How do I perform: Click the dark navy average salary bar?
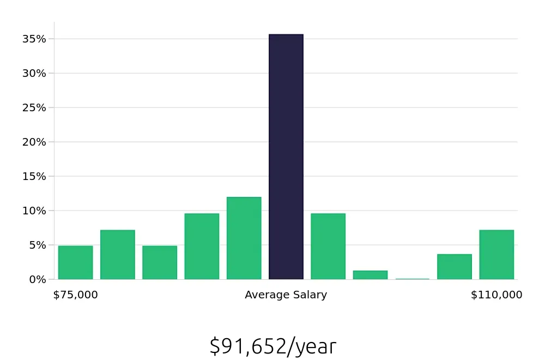click(286, 157)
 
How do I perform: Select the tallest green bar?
click(244, 238)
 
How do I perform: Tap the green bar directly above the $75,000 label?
click(75, 262)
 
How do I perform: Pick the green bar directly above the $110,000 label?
click(496, 255)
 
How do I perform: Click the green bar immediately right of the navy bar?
click(328, 247)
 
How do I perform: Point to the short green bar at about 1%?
click(370, 275)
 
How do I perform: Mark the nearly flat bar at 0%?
click(413, 279)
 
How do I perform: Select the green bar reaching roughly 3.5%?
click(455, 267)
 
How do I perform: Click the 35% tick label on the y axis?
click(34, 39)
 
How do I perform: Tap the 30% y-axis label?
click(34, 73)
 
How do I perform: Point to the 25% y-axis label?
click(34, 107)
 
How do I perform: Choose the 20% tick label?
click(34, 142)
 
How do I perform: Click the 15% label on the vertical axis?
click(34, 176)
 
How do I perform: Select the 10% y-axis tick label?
click(34, 211)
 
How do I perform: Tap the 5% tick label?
click(37, 245)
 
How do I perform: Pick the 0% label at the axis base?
click(37, 279)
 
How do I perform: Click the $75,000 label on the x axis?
click(75, 295)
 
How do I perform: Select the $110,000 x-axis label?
click(496, 295)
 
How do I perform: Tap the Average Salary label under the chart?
click(286, 295)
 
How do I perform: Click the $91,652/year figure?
click(272, 346)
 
